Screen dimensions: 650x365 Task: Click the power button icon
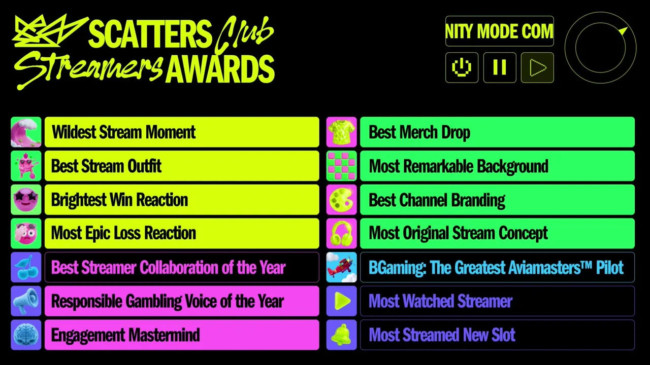tap(462, 68)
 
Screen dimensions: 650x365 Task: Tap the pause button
tap(500, 68)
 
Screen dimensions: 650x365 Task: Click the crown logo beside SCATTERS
tap(49, 31)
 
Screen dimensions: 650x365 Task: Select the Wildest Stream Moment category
tap(182, 132)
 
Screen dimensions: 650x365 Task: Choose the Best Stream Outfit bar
tap(182, 166)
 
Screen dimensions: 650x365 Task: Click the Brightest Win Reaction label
tap(119, 200)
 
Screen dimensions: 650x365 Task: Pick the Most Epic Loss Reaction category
tap(182, 234)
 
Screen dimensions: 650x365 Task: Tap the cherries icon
tap(26, 267)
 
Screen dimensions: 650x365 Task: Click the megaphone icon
tap(26, 301)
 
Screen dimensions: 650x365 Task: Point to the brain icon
tap(26, 335)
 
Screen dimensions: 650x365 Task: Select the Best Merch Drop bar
tap(497, 132)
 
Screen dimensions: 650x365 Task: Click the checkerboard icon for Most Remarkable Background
tap(342, 166)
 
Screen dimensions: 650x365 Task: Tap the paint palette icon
tap(342, 200)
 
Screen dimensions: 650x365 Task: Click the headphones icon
tap(342, 234)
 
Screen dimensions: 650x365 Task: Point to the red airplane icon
tap(342, 267)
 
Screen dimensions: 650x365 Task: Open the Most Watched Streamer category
tap(497, 301)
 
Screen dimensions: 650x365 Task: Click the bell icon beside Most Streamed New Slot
tap(342, 335)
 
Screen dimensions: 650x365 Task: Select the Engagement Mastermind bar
tap(182, 335)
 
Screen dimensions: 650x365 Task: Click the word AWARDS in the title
tap(220, 69)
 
